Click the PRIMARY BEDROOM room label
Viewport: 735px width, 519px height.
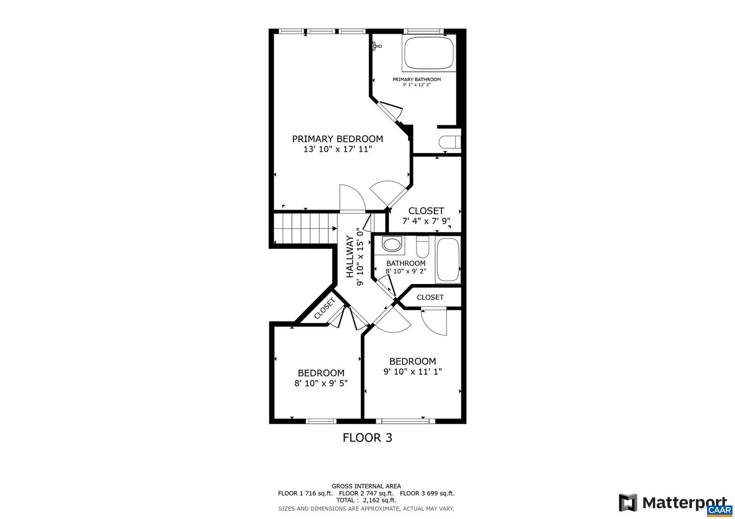pos(337,139)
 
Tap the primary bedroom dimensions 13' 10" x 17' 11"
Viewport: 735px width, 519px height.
pos(337,149)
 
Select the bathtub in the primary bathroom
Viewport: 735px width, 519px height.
pos(429,54)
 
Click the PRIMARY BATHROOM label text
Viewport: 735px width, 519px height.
pos(416,80)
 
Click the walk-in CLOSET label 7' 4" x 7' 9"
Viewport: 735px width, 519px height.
pos(426,216)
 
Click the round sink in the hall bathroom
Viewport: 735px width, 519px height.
pos(392,245)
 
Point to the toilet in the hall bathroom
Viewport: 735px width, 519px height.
pos(423,247)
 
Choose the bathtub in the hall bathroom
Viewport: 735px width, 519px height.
pos(448,260)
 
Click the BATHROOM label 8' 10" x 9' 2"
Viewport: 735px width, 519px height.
pos(406,267)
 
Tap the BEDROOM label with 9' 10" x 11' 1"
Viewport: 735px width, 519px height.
pos(412,366)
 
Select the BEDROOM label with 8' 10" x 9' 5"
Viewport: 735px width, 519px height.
pos(321,378)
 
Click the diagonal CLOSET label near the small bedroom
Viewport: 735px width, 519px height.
pos(324,308)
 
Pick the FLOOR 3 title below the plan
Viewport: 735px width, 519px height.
pos(367,437)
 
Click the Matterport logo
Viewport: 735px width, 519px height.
pos(674,503)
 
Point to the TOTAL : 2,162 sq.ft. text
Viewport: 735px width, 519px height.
pos(366,501)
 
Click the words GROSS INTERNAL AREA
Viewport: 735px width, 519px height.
pos(366,486)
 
